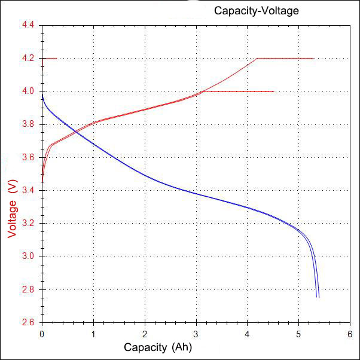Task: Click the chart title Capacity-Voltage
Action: pos(256,11)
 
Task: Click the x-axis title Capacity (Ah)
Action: pos(158,347)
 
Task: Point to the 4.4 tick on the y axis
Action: pos(29,26)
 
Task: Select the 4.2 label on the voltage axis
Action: pos(29,59)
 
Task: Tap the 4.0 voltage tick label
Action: pos(29,91)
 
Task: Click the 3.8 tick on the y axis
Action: pos(29,124)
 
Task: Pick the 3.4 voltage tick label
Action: pos(29,191)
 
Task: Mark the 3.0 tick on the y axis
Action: pos(29,257)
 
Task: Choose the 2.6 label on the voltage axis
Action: pos(29,322)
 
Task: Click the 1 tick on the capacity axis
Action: pos(93,332)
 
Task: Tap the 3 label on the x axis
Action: pos(196,332)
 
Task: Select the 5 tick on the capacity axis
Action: pos(298,332)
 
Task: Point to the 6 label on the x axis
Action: pos(350,332)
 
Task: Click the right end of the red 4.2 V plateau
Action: pos(314,59)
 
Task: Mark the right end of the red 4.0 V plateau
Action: pos(274,91)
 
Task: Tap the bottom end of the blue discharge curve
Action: pos(318,297)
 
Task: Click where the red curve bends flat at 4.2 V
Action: pos(257,59)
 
